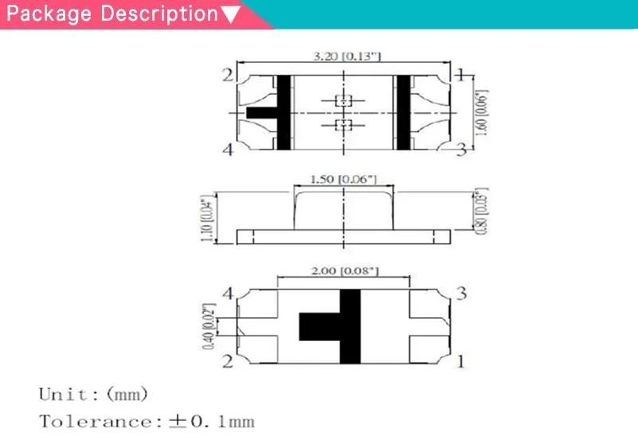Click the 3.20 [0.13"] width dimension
(343, 56)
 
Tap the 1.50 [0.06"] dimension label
(342, 179)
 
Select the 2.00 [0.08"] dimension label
(343, 271)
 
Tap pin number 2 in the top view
(229, 76)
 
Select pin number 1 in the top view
(460, 76)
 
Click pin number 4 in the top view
(229, 150)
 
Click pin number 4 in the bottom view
(228, 295)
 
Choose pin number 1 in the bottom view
(460, 361)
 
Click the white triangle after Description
(229, 15)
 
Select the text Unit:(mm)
(93, 394)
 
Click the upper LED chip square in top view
(343, 100)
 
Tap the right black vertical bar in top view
(403, 112)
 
